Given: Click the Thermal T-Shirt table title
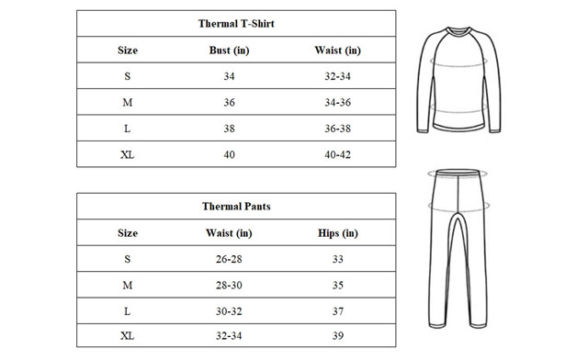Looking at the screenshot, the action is (x=236, y=23).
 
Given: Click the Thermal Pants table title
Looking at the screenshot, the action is (x=236, y=207).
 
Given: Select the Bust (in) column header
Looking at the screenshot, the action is (x=229, y=50).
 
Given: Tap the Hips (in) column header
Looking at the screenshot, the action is (x=338, y=233).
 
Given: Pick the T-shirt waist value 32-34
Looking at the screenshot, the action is (x=338, y=75).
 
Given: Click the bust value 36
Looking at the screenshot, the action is (x=229, y=102).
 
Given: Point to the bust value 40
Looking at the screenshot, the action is (x=229, y=154).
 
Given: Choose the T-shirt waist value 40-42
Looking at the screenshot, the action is (x=338, y=154).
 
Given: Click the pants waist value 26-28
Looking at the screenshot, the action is (x=229, y=259).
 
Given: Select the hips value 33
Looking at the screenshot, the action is (x=338, y=259).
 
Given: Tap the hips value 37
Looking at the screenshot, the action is (x=338, y=311).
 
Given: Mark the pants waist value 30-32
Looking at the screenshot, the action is (x=229, y=311).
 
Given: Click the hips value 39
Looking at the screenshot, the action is (x=338, y=337).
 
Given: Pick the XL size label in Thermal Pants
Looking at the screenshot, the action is (x=127, y=337).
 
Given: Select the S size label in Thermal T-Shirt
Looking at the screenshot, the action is (x=127, y=75).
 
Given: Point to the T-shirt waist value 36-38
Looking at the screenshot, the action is (x=338, y=129).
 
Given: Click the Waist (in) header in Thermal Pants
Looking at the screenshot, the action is (x=229, y=233).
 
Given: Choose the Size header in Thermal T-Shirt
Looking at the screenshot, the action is (x=128, y=50).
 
